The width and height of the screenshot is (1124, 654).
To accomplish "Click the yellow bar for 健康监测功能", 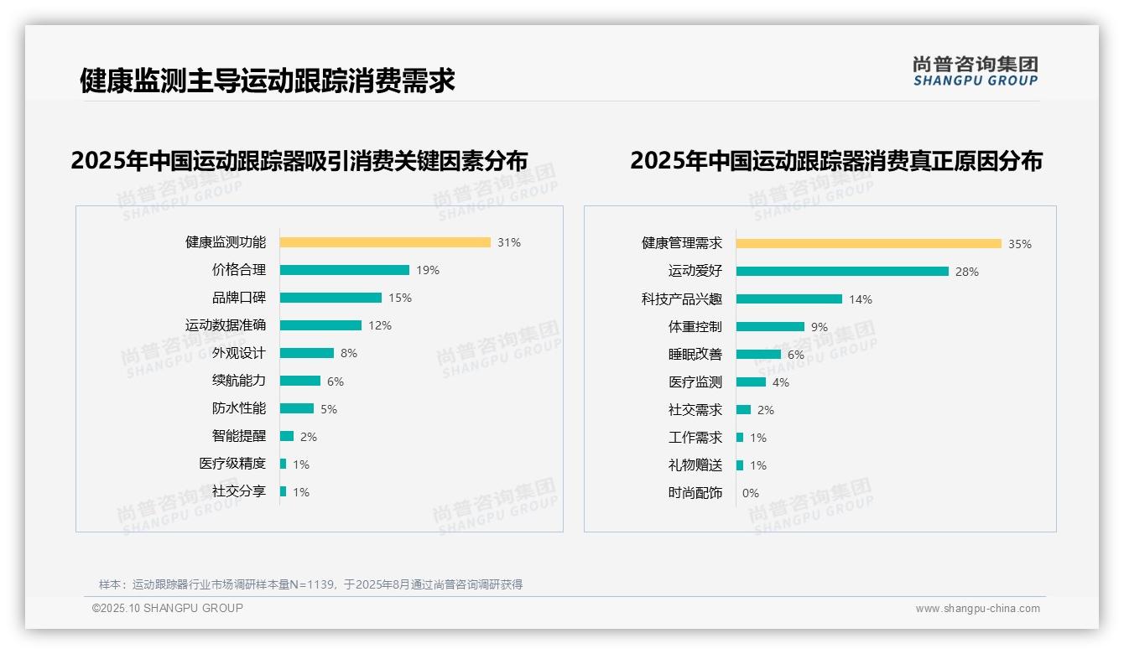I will pyautogui.click(x=385, y=242).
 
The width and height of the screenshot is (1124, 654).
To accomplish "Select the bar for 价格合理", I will pyautogui.click(x=344, y=270).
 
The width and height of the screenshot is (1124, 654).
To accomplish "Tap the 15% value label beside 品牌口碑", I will pyautogui.click(x=400, y=298).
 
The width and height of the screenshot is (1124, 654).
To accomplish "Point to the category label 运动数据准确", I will pyautogui.click(x=226, y=325).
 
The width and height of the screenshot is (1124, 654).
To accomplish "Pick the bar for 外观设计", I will pyautogui.click(x=306, y=353).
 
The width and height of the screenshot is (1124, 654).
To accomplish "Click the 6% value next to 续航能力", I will pyautogui.click(x=336, y=381).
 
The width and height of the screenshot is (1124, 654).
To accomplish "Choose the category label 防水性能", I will pyautogui.click(x=239, y=408).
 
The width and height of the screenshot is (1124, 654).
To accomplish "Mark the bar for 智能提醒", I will pyautogui.click(x=287, y=436).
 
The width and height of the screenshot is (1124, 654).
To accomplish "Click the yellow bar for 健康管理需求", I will pyautogui.click(x=868, y=244).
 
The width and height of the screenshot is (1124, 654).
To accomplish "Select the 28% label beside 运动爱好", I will pyautogui.click(x=967, y=272).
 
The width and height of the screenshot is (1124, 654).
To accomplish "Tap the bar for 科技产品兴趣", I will pyautogui.click(x=788, y=298).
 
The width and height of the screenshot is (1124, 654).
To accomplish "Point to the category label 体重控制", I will pyautogui.click(x=695, y=326).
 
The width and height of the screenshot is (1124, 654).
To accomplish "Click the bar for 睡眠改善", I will pyautogui.click(x=758, y=354).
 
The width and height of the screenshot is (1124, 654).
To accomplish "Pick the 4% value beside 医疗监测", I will pyautogui.click(x=781, y=382).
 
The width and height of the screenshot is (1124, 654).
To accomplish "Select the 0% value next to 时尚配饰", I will pyautogui.click(x=751, y=493).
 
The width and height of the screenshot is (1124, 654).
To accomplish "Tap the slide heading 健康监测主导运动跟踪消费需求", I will pyautogui.click(x=268, y=80).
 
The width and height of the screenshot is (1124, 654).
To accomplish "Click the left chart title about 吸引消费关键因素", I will pyautogui.click(x=299, y=160).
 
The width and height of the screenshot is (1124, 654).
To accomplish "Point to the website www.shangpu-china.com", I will pyautogui.click(x=977, y=609).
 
